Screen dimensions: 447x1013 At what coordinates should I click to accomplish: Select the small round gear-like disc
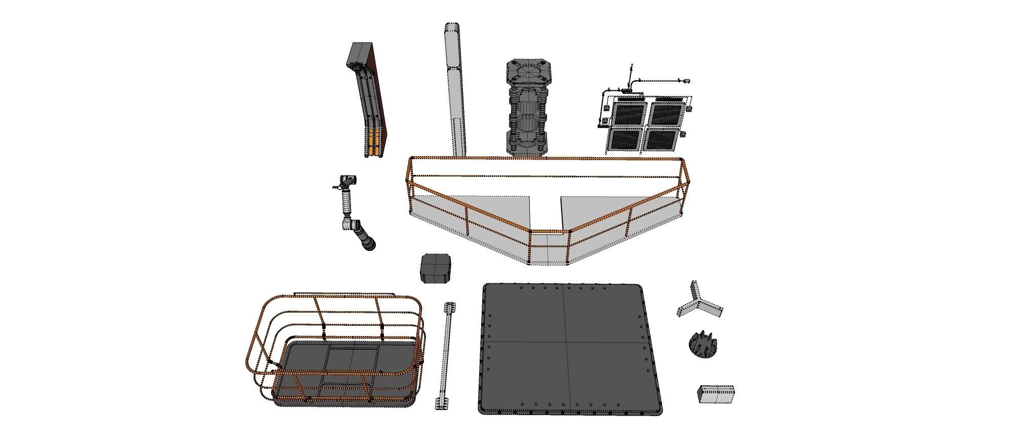[703, 345]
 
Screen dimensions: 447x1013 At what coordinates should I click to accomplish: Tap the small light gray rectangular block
[716, 394]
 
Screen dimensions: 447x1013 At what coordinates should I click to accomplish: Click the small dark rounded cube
[436, 269]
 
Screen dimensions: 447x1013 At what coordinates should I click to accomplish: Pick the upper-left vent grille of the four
[629, 114]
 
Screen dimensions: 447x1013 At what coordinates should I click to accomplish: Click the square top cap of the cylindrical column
[529, 73]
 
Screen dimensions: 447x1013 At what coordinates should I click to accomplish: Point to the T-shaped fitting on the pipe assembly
[347, 180]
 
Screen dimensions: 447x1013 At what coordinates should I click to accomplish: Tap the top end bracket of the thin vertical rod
[450, 308]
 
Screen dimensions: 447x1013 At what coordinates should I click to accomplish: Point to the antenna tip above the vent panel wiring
[632, 66]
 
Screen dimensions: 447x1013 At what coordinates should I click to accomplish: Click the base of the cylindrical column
[527, 147]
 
